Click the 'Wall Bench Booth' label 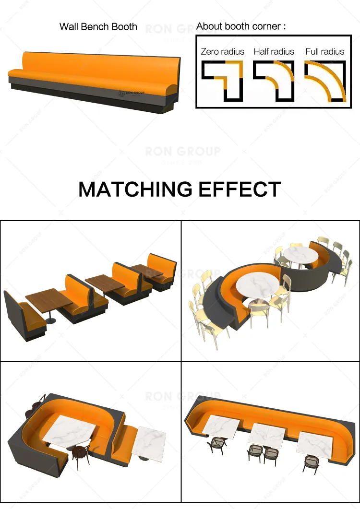[x=98, y=27]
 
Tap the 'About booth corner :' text [x=240, y=26]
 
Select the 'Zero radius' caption [x=222, y=51]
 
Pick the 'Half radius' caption [x=274, y=51]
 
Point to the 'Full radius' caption [x=324, y=51]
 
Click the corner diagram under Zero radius [x=222, y=81]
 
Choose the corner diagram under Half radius [x=274, y=81]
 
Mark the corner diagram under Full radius [x=325, y=81]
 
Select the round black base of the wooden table [x=50, y=320]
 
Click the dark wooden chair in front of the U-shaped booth [x=80, y=455]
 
